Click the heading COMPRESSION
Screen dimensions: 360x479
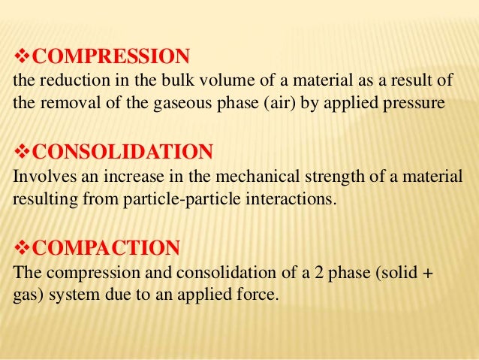(x=112, y=56)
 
